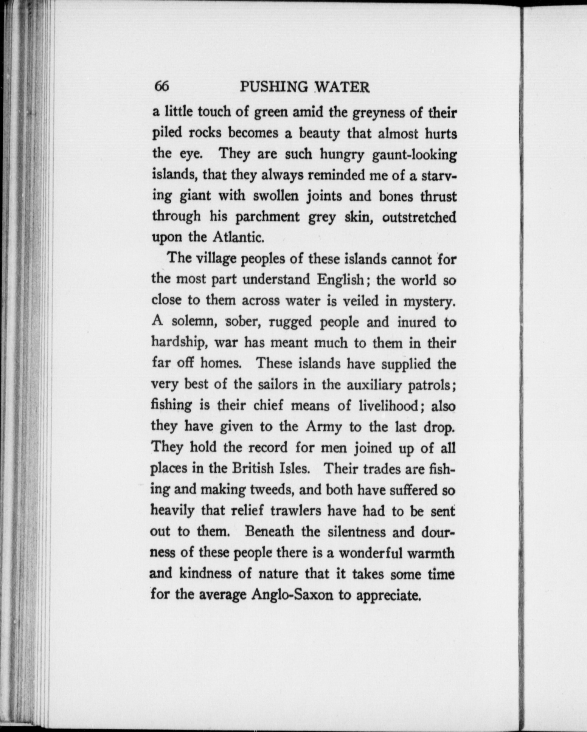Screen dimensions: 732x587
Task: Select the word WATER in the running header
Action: point(342,87)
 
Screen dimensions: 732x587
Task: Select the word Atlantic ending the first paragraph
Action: point(238,237)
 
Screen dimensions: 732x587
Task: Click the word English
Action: point(340,279)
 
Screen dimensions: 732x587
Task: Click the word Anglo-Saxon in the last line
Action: point(292,595)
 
